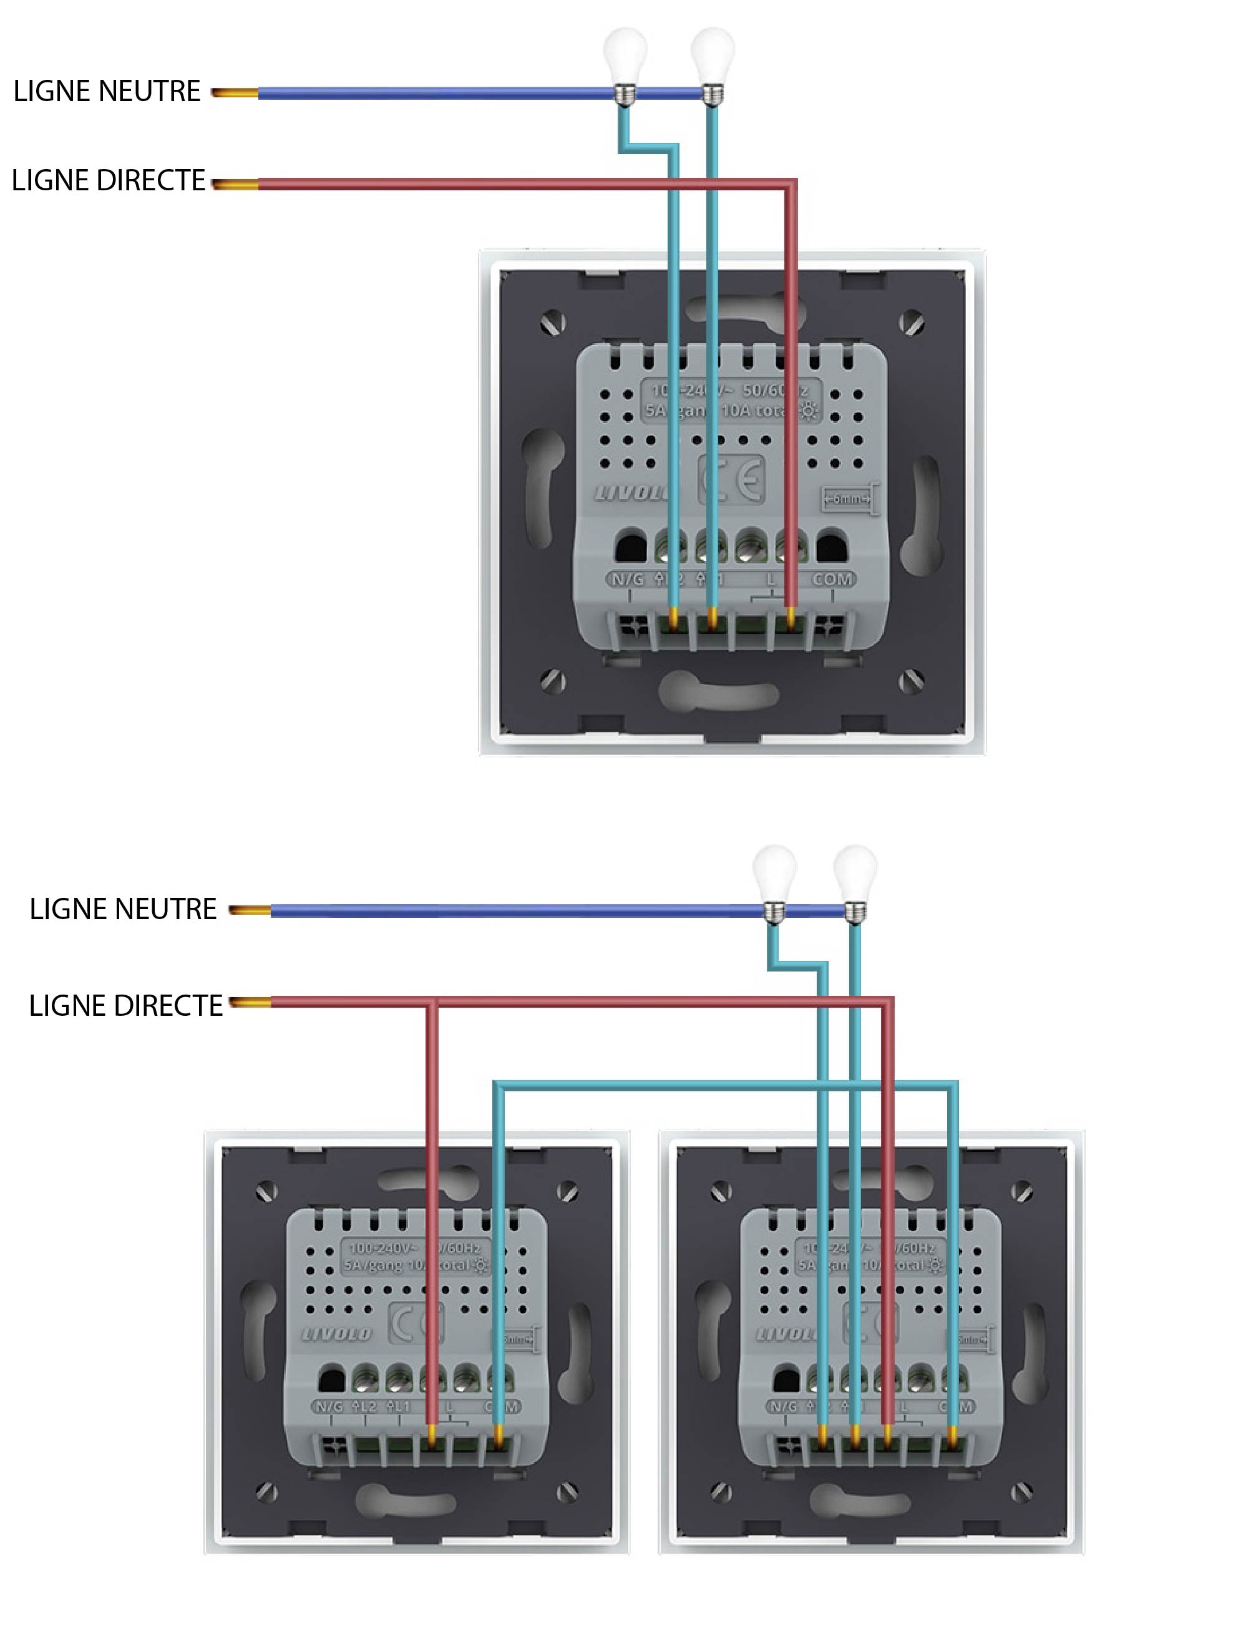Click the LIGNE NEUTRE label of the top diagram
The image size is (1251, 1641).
pyautogui.click(x=107, y=91)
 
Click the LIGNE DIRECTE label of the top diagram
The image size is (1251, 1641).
pyautogui.click(x=109, y=181)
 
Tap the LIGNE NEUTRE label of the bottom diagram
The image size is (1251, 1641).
pyautogui.click(x=123, y=909)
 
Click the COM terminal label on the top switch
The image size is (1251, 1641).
pyautogui.click(x=832, y=579)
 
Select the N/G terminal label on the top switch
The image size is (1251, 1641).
pyautogui.click(x=628, y=579)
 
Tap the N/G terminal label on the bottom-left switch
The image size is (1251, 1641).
pyautogui.click(x=328, y=1406)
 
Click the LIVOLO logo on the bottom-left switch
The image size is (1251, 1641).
pyautogui.click(x=336, y=1333)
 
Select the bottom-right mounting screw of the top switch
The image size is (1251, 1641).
pyautogui.click(x=911, y=679)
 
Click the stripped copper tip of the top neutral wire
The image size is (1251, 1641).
pyautogui.click(x=235, y=93)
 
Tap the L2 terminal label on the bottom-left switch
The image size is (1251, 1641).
pyautogui.click(x=365, y=1406)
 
